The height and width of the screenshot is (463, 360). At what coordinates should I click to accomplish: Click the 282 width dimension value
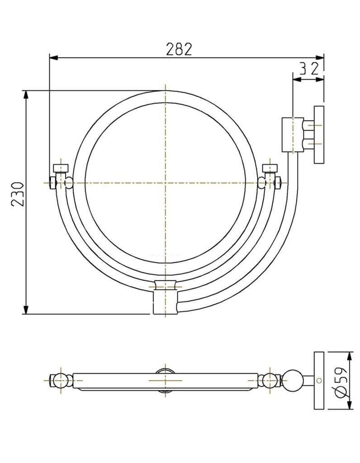[x=180, y=49]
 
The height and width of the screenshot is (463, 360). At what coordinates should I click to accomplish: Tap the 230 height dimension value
[x=17, y=194]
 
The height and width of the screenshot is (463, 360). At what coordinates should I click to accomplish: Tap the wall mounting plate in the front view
[x=319, y=135]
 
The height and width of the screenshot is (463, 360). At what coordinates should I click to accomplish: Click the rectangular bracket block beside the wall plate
[x=293, y=135]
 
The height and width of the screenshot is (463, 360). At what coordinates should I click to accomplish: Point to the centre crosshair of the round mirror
[x=166, y=183]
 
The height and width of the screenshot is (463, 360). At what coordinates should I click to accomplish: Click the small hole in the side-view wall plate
[x=319, y=380]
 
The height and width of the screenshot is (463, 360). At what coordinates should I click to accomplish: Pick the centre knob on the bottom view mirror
[x=166, y=380]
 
